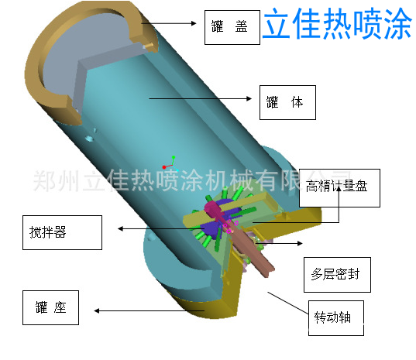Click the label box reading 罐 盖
[232, 27]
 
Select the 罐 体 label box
[287, 102]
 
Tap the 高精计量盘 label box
[339, 188]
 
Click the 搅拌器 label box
[62, 232]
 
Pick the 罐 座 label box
[50, 307]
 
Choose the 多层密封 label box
[337, 275]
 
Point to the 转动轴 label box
[336, 318]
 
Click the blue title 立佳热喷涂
[337, 24]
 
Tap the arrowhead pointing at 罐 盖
[194, 23]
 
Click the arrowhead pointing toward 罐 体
[249, 98]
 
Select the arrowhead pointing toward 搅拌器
[120, 228]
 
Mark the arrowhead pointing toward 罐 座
[97, 310]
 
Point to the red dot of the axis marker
[164, 167]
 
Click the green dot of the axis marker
[174, 157]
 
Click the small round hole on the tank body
[88, 138]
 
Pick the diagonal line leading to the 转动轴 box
[288, 303]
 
